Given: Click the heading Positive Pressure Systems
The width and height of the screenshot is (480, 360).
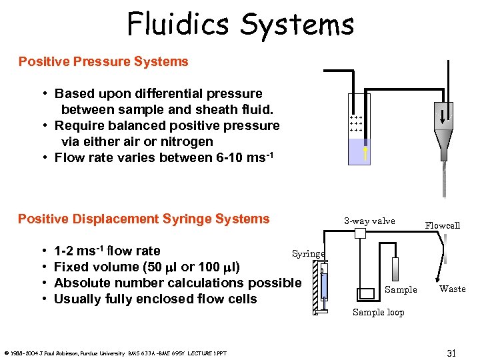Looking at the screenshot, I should click(103, 62).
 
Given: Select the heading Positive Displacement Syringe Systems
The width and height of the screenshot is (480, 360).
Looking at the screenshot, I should click(144, 219).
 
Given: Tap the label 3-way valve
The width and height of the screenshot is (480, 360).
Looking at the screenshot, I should click(369, 221).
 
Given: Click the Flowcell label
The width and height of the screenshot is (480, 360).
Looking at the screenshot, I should click(443, 225).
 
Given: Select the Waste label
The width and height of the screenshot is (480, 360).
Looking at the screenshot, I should click(452, 289).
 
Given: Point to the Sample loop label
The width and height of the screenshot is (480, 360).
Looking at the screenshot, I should click(378, 312).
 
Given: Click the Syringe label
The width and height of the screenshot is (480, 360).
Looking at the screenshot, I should click(309, 253).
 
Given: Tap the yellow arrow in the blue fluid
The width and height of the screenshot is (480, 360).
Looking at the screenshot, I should click(365, 153).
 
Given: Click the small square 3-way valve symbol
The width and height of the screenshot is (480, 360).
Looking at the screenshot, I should click(361, 233).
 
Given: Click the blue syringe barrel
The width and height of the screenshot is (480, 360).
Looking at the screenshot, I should click(323, 285).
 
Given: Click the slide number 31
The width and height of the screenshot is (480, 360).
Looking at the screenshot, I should click(451, 353).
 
